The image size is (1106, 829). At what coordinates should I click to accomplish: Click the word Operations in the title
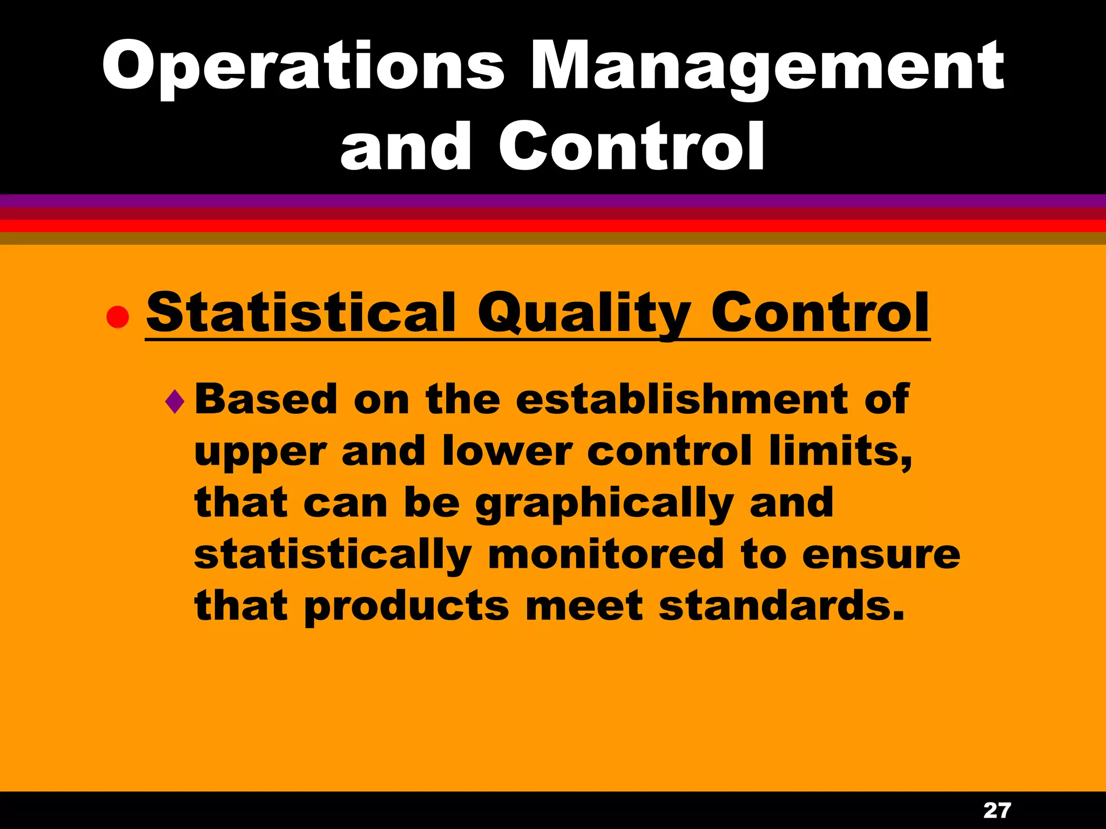click(302, 67)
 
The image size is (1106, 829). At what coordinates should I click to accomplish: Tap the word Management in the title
click(767, 67)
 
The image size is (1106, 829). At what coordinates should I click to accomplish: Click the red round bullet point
click(117, 317)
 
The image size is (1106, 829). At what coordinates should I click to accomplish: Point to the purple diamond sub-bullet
click(175, 402)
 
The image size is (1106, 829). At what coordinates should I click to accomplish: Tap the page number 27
click(997, 810)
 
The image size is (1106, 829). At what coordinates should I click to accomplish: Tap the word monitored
click(605, 554)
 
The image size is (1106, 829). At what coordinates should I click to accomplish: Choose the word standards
click(781, 605)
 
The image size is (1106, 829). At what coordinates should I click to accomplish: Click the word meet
click(584, 606)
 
